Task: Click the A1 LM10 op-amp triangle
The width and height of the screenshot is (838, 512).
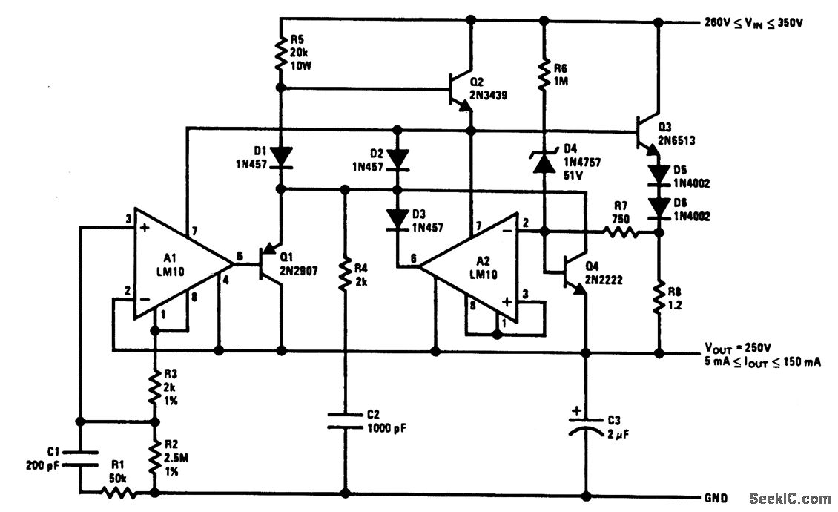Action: [x=178, y=263]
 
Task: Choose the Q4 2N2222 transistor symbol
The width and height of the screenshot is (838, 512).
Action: [x=573, y=272]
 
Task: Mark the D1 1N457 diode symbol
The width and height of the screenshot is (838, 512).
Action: [x=281, y=157]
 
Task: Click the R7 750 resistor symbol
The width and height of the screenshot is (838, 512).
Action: [x=621, y=233]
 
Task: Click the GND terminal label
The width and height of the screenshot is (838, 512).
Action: [x=716, y=497]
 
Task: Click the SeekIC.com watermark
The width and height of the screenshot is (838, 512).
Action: [x=790, y=498]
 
